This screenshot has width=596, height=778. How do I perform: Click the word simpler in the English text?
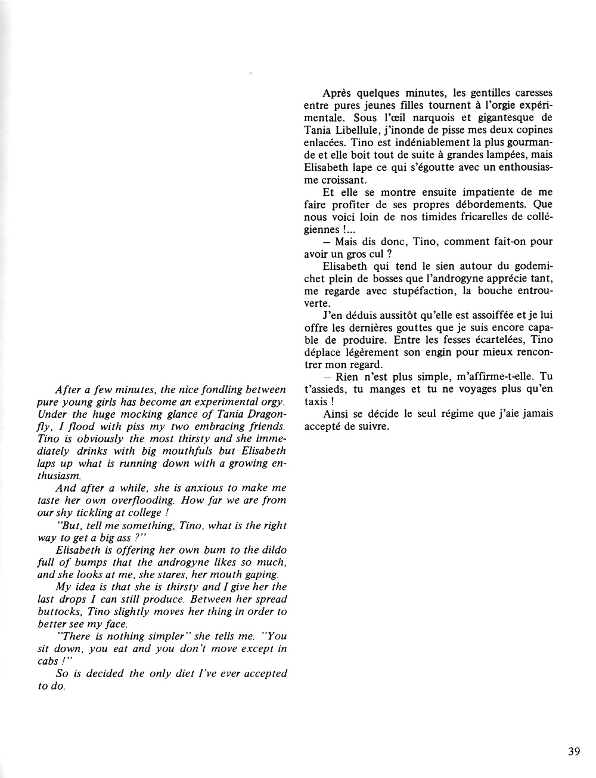click(163, 637)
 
